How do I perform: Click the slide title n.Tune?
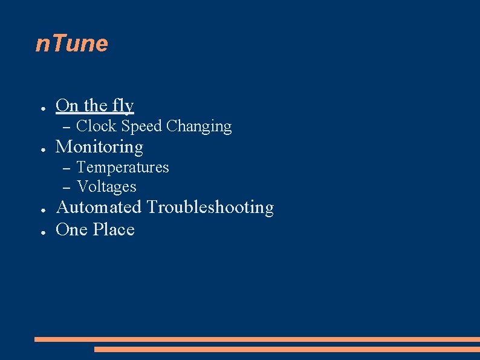tap(72, 44)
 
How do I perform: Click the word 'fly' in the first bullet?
tap(123, 106)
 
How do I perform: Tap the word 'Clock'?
tap(97, 126)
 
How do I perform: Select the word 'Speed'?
tap(141, 126)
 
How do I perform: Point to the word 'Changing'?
tap(199, 126)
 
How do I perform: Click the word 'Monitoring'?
tap(99, 147)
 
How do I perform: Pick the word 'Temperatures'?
tap(123, 167)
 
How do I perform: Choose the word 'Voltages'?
tap(106, 187)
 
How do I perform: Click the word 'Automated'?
tap(98, 207)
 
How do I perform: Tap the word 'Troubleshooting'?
tap(210, 208)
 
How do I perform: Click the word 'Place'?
tap(114, 230)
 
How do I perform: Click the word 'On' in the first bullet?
tap(67, 106)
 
